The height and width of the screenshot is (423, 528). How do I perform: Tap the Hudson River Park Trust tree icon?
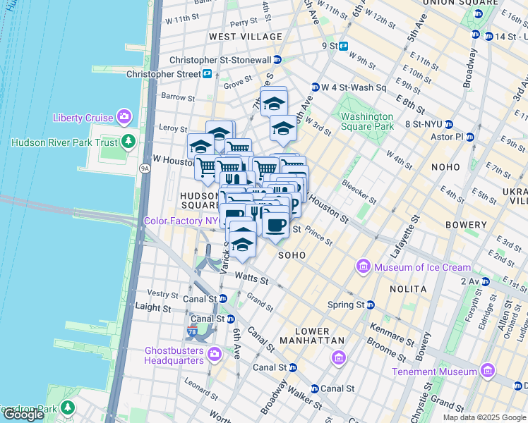(128, 142)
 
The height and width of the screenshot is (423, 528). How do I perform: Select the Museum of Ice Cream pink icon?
(364, 266)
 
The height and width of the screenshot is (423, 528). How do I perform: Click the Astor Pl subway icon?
(469, 137)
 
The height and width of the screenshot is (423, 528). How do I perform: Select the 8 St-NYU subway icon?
(439, 125)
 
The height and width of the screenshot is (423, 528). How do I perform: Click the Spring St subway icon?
(370, 305)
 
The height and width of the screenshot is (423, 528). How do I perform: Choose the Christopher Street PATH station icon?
(208, 74)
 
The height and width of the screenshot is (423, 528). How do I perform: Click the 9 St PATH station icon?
(344, 47)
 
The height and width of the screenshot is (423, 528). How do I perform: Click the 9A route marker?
(145, 168)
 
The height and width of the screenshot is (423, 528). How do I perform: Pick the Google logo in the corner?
(23, 415)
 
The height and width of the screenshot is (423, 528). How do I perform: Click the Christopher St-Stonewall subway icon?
(278, 60)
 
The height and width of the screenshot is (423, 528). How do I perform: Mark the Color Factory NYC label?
(181, 221)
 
